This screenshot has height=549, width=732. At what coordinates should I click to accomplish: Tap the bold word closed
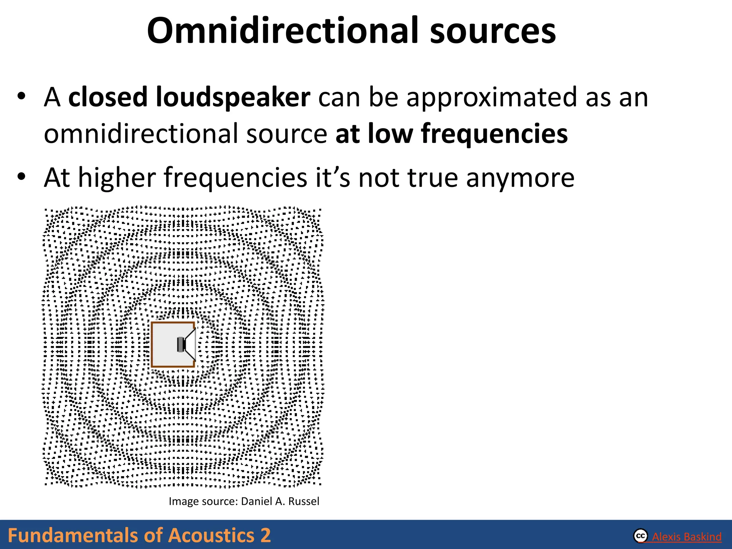point(108,97)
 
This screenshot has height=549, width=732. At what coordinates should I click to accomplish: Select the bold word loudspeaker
point(233,97)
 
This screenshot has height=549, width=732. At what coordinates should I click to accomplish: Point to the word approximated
point(492,97)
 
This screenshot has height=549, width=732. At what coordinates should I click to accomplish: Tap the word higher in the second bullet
point(117,178)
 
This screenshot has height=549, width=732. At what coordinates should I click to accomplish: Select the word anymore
point(520,178)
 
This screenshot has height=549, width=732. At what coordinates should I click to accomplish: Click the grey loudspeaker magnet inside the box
point(180,345)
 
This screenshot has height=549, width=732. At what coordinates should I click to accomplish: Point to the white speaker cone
point(191,345)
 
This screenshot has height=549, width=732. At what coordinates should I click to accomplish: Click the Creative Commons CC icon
point(640,536)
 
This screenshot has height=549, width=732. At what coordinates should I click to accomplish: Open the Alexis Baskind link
point(687,537)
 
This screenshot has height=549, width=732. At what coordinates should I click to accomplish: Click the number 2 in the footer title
point(265,535)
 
